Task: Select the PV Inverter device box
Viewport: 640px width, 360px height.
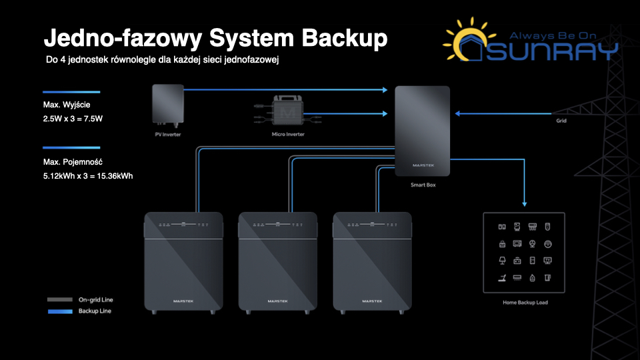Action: pyautogui.click(x=167, y=105)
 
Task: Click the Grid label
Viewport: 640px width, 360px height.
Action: pyautogui.click(x=562, y=121)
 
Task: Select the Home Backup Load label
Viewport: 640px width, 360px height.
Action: pyautogui.click(x=525, y=303)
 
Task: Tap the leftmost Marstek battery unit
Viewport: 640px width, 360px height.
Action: pyautogui.click(x=183, y=263)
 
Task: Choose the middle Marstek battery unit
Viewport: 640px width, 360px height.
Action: pyautogui.click(x=277, y=263)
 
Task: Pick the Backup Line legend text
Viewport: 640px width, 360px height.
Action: pyautogui.click(x=95, y=311)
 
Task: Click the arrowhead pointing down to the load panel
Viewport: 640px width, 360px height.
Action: pyautogui.click(x=525, y=203)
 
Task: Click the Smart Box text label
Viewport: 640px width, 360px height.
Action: pyautogui.click(x=423, y=185)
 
